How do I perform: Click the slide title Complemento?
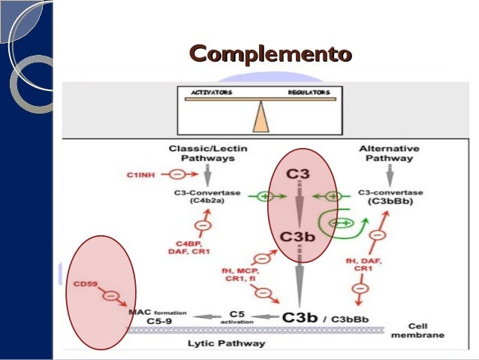[270, 54]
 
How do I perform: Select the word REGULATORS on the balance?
[309, 92]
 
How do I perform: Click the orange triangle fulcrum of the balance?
[260, 116]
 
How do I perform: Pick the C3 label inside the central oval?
[299, 174]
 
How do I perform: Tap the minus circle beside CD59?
[111, 296]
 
